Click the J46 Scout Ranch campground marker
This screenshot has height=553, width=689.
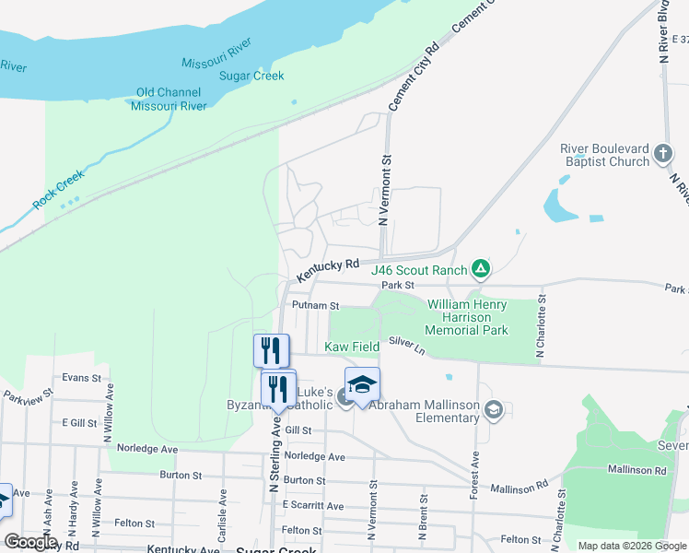[x=480, y=269]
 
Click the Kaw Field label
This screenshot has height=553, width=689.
[x=353, y=347]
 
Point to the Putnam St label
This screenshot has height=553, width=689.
[x=315, y=305]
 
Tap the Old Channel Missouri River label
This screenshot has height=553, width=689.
[x=171, y=100]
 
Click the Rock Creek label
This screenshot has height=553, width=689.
[x=58, y=188]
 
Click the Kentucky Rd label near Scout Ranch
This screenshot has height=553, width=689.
[x=328, y=270]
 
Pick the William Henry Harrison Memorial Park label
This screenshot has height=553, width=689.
[x=466, y=316]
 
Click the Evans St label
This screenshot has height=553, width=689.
[x=81, y=378]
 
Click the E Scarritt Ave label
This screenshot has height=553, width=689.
[x=312, y=506]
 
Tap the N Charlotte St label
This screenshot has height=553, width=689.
[x=542, y=326]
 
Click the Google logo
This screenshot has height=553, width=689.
[x=29, y=542]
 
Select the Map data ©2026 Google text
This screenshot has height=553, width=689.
[x=631, y=546]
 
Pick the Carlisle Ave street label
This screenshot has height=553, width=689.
[x=223, y=503]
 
